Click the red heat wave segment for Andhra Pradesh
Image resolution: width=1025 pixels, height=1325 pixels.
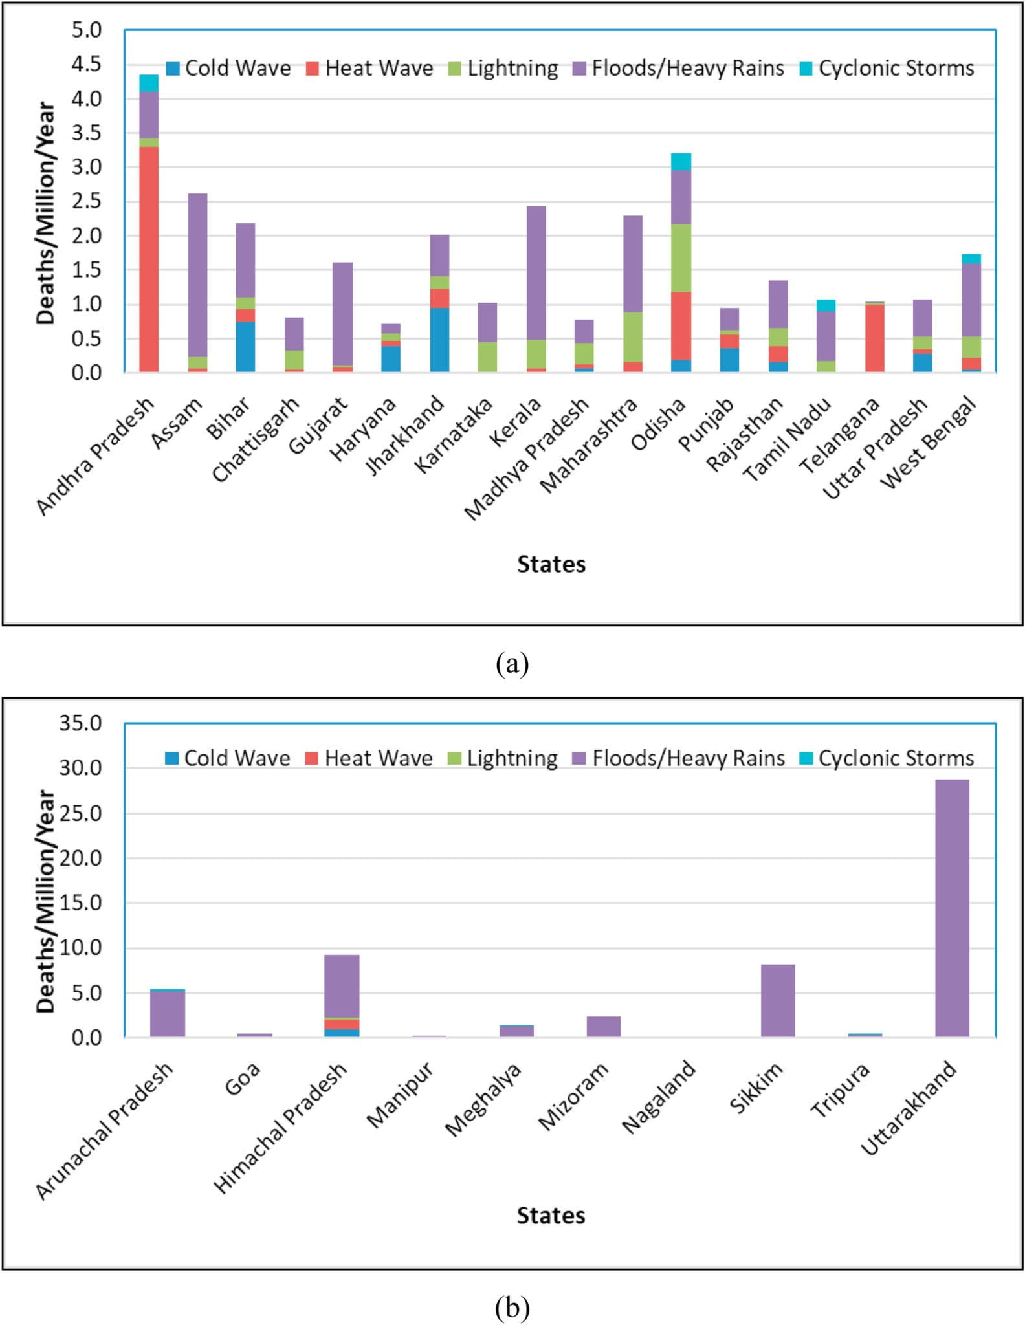coord(149,259)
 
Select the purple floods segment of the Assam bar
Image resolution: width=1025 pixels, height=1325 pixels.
coord(197,275)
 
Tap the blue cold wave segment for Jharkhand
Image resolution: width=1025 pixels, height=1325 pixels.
coord(439,340)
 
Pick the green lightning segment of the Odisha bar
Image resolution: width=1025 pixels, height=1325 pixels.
coord(681,258)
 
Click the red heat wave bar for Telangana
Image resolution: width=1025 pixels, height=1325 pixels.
coord(874,338)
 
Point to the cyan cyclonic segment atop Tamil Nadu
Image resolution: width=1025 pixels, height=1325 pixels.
coord(826,305)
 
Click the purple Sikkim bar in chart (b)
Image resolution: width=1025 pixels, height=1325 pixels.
coord(778,1000)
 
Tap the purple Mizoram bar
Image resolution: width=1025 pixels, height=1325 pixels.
coord(603,1026)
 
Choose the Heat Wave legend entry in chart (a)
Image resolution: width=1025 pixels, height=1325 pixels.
coord(369,69)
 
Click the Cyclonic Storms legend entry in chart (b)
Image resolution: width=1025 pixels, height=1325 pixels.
coord(887,758)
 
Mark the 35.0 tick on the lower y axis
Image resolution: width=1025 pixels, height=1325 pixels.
coord(80,723)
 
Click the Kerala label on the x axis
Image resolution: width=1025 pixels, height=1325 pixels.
coord(516,422)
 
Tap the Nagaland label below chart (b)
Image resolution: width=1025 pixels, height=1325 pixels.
coord(659,1096)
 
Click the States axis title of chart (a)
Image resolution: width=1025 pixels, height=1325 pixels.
coord(551,564)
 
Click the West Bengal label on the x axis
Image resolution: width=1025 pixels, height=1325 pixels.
coord(928,443)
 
